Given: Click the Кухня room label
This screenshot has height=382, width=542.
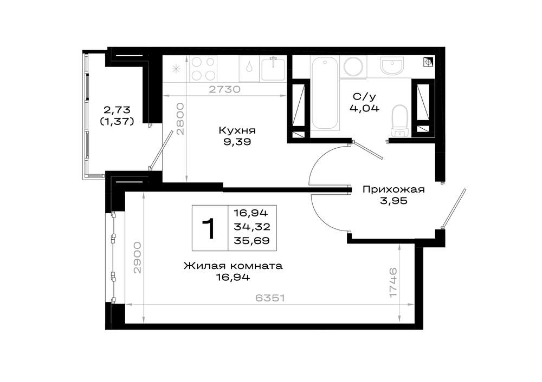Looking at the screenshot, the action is coord(237,130).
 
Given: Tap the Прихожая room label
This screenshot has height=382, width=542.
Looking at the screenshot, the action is coord(393,189).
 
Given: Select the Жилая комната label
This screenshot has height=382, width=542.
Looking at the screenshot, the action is coord(233,266).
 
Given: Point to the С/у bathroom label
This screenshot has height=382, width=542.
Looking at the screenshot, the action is coord(364,97).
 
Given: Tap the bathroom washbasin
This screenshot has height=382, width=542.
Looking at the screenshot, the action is coord(392,65).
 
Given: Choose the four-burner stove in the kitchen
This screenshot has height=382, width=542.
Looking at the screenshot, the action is coord(203,69).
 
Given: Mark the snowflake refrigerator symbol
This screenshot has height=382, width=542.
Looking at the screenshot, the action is coord(176,69).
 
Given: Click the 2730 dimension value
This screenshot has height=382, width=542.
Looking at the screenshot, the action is coord(224,89).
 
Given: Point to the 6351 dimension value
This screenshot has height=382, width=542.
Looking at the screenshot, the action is coord(270,298).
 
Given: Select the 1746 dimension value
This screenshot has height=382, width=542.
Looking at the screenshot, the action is coord(393,282).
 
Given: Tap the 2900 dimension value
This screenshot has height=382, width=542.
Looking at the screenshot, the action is coord(138,258).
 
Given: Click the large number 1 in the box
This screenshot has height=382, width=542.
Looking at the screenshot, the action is coord(209,228).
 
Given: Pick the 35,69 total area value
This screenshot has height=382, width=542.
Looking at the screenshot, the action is coord(251,241).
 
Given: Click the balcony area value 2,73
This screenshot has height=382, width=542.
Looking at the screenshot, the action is coord(117,110).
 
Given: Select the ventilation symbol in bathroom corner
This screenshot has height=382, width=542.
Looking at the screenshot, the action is coord(428,62).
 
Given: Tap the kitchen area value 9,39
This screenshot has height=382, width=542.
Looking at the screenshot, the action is coord(237,142).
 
